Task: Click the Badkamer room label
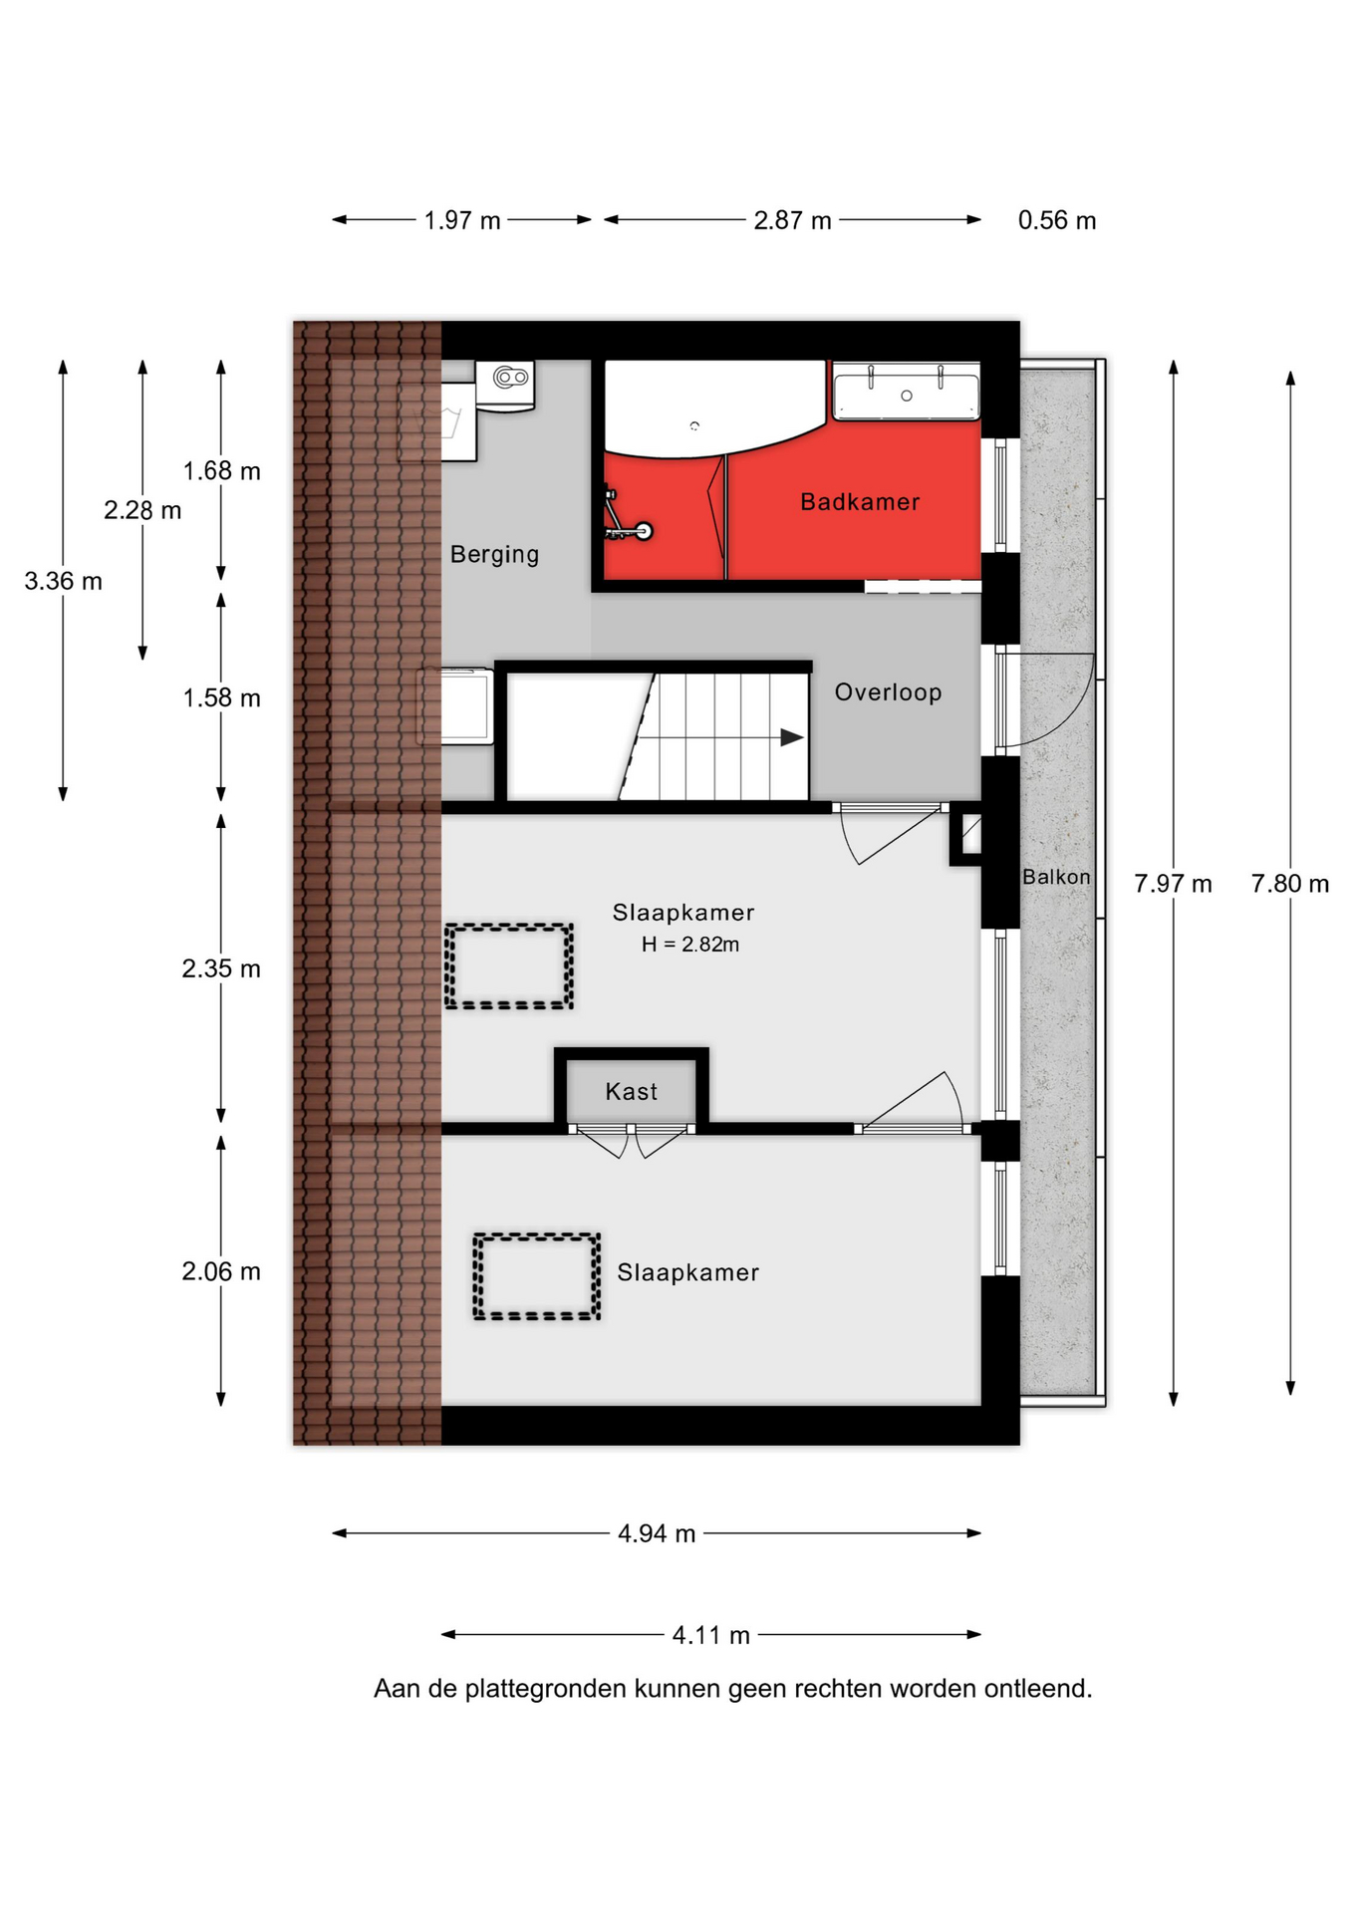[x=860, y=502]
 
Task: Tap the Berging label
[x=494, y=555]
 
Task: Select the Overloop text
[x=888, y=692]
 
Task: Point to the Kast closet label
[x=631, y=1092]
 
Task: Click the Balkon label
[x=1056, y=877]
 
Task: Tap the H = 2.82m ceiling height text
[x=690, y=945]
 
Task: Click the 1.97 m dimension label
[x=462, y=220]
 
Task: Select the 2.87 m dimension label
[x=792, y=220]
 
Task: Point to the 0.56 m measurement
[x=1057, y=220]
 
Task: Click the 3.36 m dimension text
[x=63, y=581]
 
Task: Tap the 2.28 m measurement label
[x=142, y=510]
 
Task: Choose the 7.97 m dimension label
[x=1173, y=884]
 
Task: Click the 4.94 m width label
[x=657, y=1533]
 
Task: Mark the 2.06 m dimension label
[x=221, y=1271]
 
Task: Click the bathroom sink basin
[x=906, y=392]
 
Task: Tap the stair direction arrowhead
[x=792, y=737]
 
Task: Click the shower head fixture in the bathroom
[x=644, y=531]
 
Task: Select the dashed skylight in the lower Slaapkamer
[x=537, y=1277]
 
